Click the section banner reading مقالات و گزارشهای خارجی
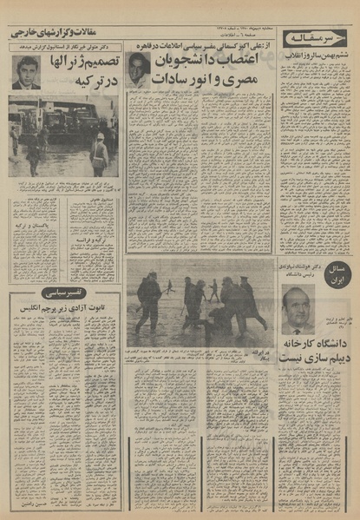[x=62, y=31]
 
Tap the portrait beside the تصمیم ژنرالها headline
[x=25, y=72]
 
